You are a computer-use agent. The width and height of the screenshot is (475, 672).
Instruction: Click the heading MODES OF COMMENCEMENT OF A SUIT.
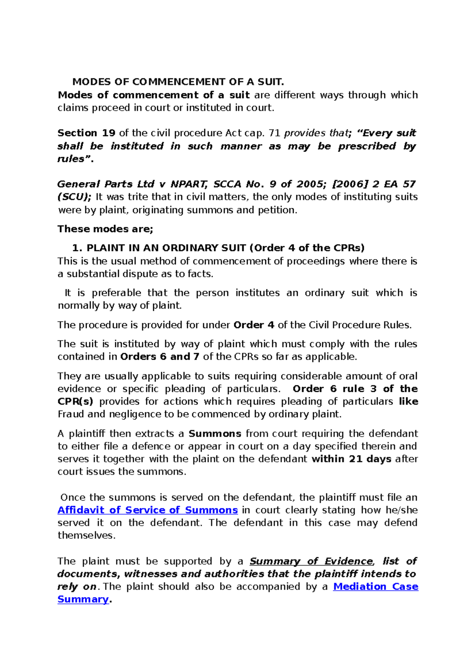(178, 82)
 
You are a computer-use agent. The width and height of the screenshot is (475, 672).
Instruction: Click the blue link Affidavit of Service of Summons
(147, 510)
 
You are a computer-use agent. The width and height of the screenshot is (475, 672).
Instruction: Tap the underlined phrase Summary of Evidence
(311, 561)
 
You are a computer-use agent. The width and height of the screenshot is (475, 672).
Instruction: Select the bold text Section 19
(86, 133)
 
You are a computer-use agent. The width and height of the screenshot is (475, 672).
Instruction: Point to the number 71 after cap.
(274, 133)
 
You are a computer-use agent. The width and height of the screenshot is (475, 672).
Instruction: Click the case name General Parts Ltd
(106, 184)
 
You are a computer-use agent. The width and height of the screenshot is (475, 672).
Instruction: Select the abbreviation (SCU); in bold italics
(74, 197)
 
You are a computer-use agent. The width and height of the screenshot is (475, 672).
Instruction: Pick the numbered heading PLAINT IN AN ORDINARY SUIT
(166, 248)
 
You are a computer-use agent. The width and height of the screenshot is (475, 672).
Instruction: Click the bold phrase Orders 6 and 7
(160, 357)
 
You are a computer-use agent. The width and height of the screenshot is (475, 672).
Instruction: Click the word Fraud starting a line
(71, 414)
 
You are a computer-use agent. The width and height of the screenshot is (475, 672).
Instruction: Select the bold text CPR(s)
(75, 401)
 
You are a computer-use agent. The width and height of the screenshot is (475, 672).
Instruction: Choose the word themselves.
(86, 535)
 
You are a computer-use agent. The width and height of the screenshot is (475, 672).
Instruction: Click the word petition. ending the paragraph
(277, 210)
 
